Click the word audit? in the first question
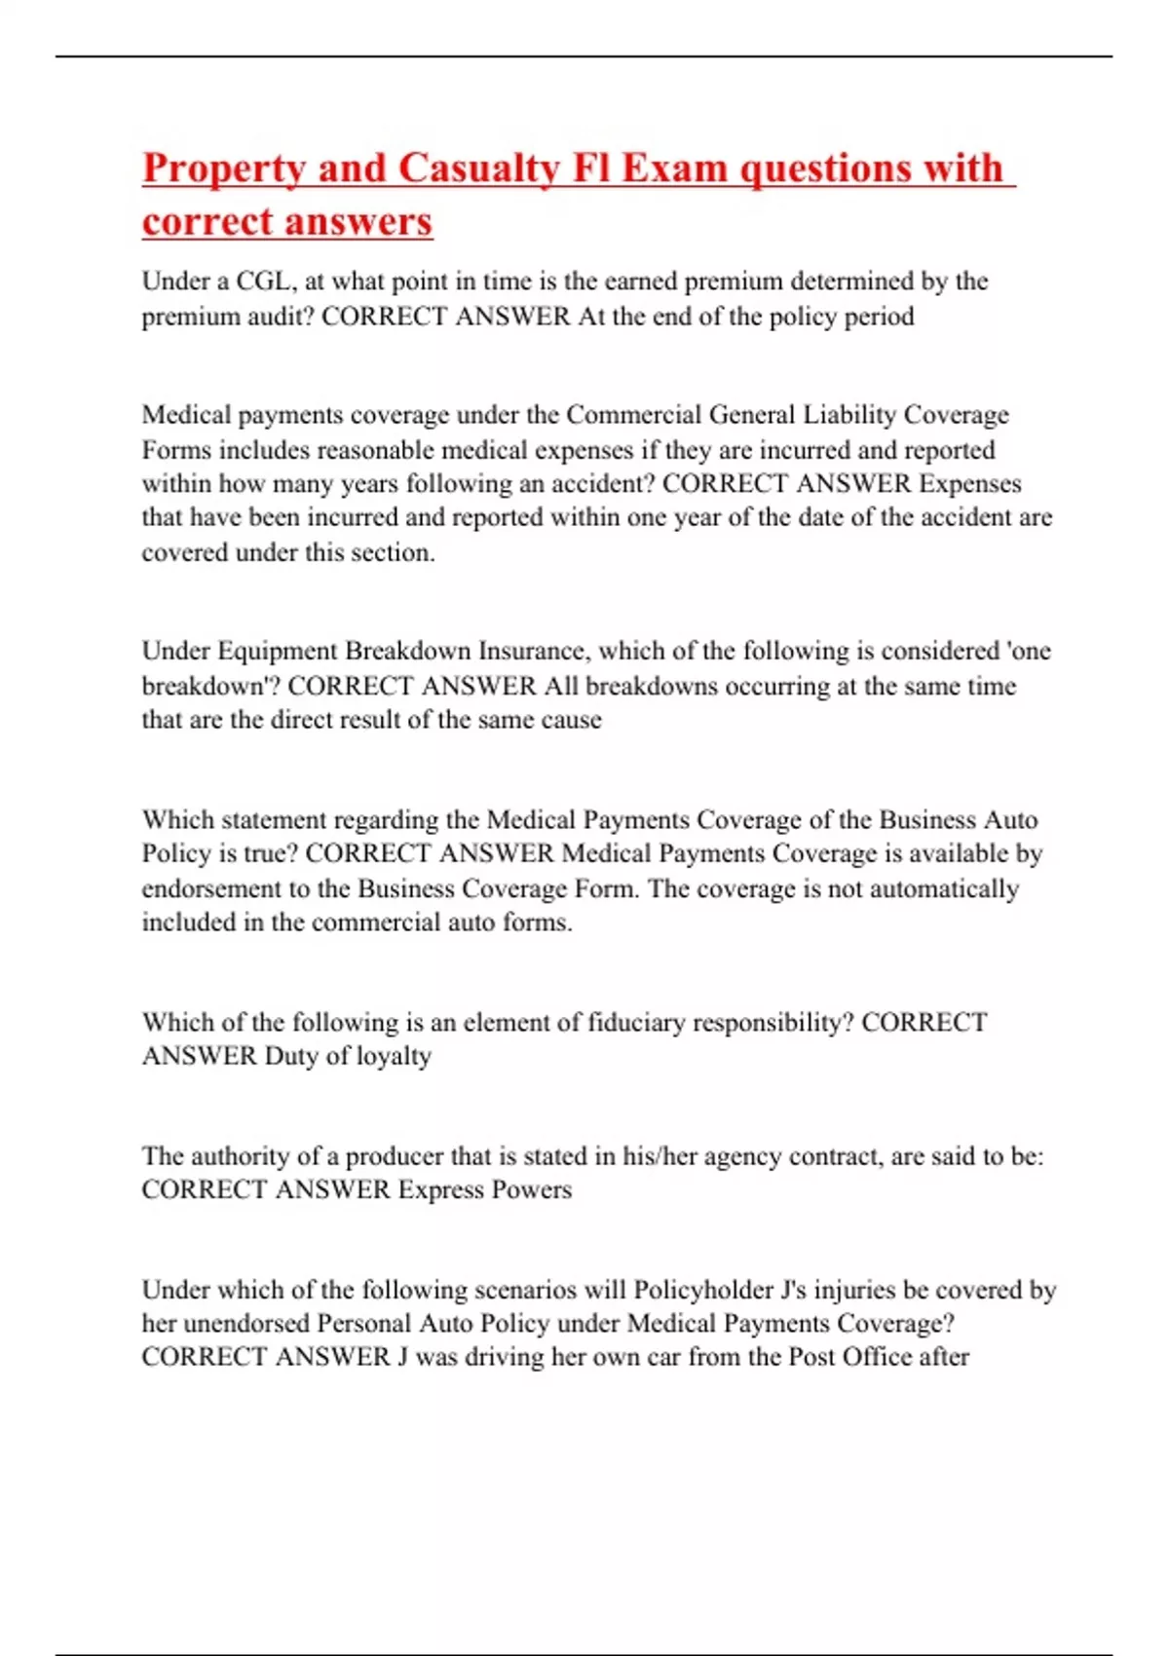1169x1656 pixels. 283,317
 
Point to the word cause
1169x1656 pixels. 572,720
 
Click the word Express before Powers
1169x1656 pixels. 440,1189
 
